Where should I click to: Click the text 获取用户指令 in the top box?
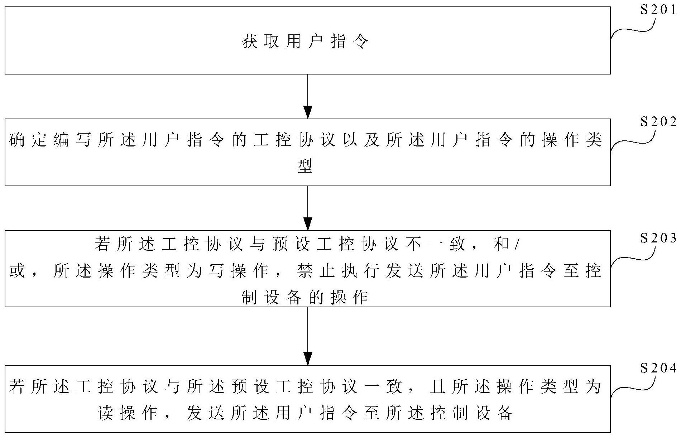tap(305, 42)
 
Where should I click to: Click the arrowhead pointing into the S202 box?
tap(308, 112)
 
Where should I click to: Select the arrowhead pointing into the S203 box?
tap(308, 224)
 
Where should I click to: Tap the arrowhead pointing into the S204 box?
tap(308, 358)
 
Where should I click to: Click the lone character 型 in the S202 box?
tap(305, 166)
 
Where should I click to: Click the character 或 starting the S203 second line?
tap(17, 271)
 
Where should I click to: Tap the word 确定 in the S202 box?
tap(28, 140)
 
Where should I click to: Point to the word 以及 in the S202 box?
tap(361, 140)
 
